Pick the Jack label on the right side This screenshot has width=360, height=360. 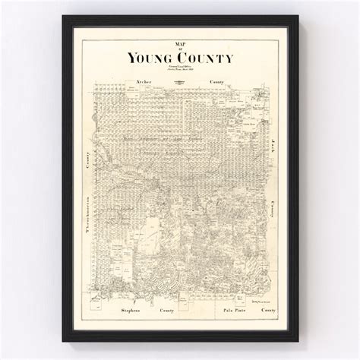[272, 144]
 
